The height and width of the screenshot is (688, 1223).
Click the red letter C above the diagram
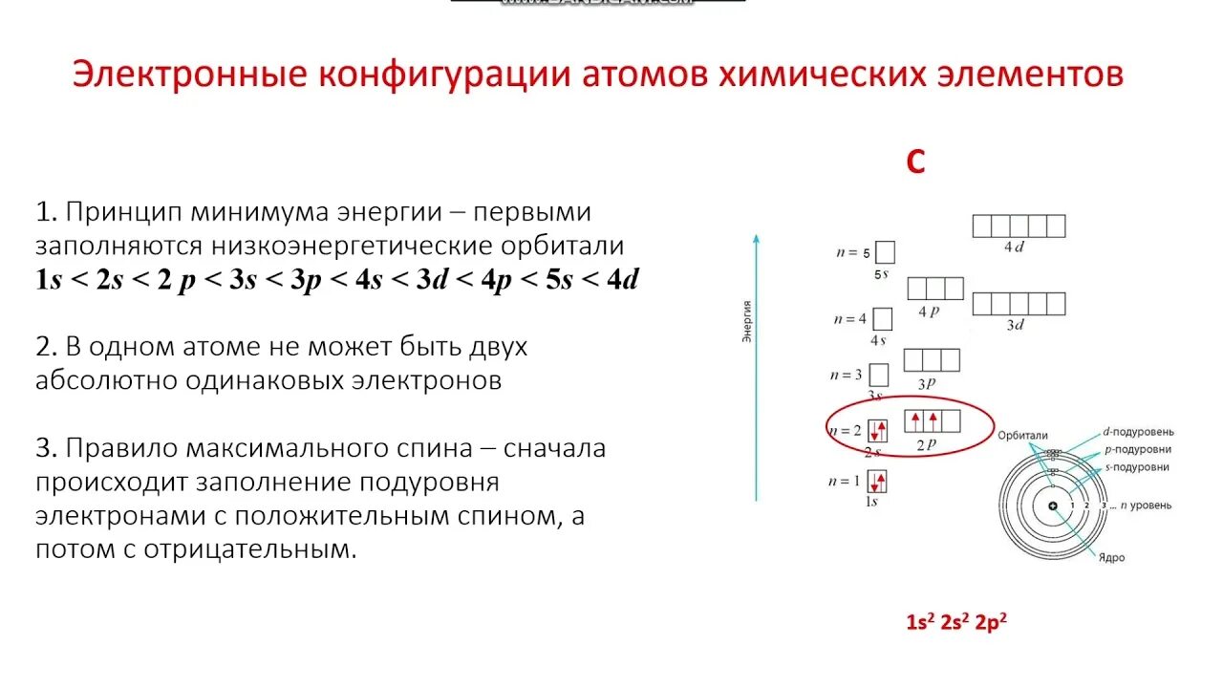pyautogui.click(x=915, y=163)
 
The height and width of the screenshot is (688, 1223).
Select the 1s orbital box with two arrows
pyautogui.click(x=877, y=480)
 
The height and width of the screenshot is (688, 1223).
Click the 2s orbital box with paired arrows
pyautogui.click(x=877, y=430)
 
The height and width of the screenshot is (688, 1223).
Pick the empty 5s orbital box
pyautogui.click(x=885, y=252)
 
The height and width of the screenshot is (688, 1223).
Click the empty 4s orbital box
pyautogui.click(x=882, y=319)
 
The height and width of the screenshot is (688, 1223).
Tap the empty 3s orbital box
pyautogui.click(x=878, y=375)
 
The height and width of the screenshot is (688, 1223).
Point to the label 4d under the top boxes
pyautogui.click(x=1014, y=247)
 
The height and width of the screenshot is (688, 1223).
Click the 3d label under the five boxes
pyautogui.click(x=1016, y=325)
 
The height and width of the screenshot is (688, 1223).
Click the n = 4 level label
pyautogui.click(x=849, y=319)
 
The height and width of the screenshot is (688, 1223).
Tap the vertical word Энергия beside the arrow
pyautogui.click(x=746, y=321)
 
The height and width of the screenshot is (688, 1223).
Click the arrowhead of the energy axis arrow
pyautogui.click(x=756, y=237)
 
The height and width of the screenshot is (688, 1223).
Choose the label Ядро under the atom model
pyautogui.click(x=1111, y=556)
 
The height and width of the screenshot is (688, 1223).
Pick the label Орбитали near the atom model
pyautogui.click(x=1022, y=435)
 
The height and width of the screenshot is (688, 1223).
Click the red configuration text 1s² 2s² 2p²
pyautogui.click(x=956, y=622)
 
